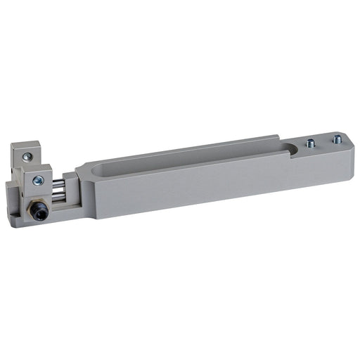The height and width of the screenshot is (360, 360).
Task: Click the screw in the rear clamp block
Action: pos(27,157)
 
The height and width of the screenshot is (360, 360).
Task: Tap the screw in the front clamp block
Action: pos(39,181)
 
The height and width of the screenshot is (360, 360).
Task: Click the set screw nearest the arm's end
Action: pos(337,139)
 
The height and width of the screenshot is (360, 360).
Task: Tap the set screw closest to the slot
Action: pos(310,143)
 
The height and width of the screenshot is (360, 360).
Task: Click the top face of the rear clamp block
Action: pos(22,146)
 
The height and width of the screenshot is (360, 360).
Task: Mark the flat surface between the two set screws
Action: pos(324,141)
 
